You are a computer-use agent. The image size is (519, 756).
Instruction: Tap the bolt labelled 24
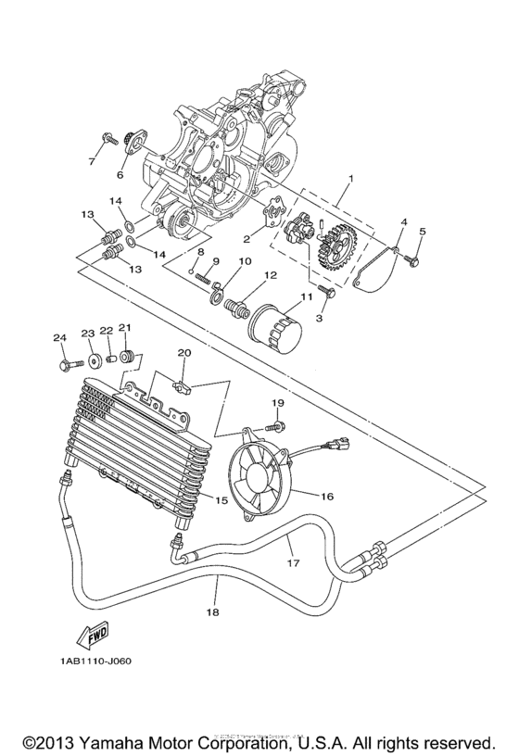[x=64, y=365]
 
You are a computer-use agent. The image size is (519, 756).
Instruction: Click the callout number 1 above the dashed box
[x=350, y=177]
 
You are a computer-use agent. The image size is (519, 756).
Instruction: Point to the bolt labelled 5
[x=413, y=260]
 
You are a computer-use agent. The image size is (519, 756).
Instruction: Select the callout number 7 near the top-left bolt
[x=92, y=162]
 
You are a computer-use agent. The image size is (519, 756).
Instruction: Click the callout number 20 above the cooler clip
[x=184, y=353]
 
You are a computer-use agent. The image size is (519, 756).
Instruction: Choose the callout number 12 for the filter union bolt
[x=272, y=275]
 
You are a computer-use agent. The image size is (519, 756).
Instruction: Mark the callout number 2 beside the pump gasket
[x=247, y=238]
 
